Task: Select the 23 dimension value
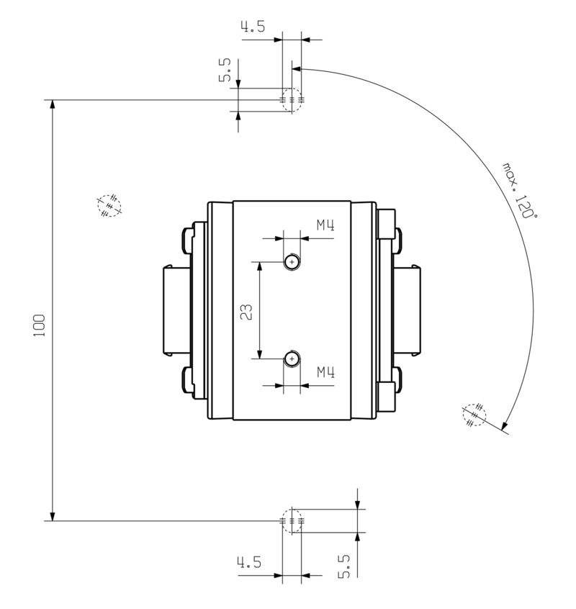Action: click(x=246, y=311)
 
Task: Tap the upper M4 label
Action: click(x=326, y=225)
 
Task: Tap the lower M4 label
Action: click(x=326, y=372)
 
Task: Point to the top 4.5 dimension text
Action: click(x=252, y=27)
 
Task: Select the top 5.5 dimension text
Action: click(x=225, y=71)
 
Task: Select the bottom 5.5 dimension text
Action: click(x=344, y=566)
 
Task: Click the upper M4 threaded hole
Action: click(x=292, y=262)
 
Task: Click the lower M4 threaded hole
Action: click(x=292, y=358)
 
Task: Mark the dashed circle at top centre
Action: click(x=292, y=99)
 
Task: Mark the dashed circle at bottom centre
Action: click(x=292, y=520)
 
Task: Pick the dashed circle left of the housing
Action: click(x=109, y=205)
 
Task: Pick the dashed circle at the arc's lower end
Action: click(x=474, y=415)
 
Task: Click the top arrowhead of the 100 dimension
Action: click(x=53, y=105)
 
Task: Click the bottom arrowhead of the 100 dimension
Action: click(x=53, y=514)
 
